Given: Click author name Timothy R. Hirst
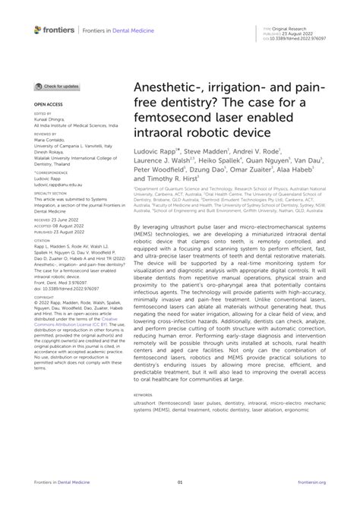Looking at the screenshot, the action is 172,180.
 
